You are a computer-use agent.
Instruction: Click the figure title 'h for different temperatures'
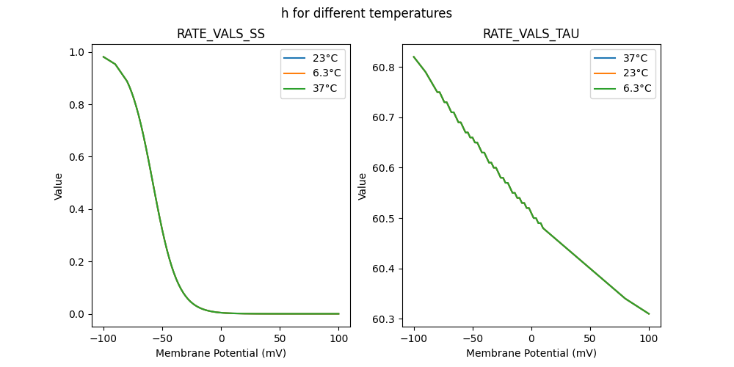coord(366,13)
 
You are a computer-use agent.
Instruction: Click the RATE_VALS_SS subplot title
coord(221,34)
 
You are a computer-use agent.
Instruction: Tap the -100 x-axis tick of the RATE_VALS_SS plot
coord(103,338)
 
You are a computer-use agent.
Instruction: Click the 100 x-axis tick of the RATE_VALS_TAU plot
coord(649,338)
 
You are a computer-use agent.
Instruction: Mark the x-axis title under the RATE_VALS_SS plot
coord(221,353)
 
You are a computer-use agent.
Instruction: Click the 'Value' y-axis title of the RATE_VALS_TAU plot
coord(363,186)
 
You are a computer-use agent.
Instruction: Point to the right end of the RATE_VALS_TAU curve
coord(649,313)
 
